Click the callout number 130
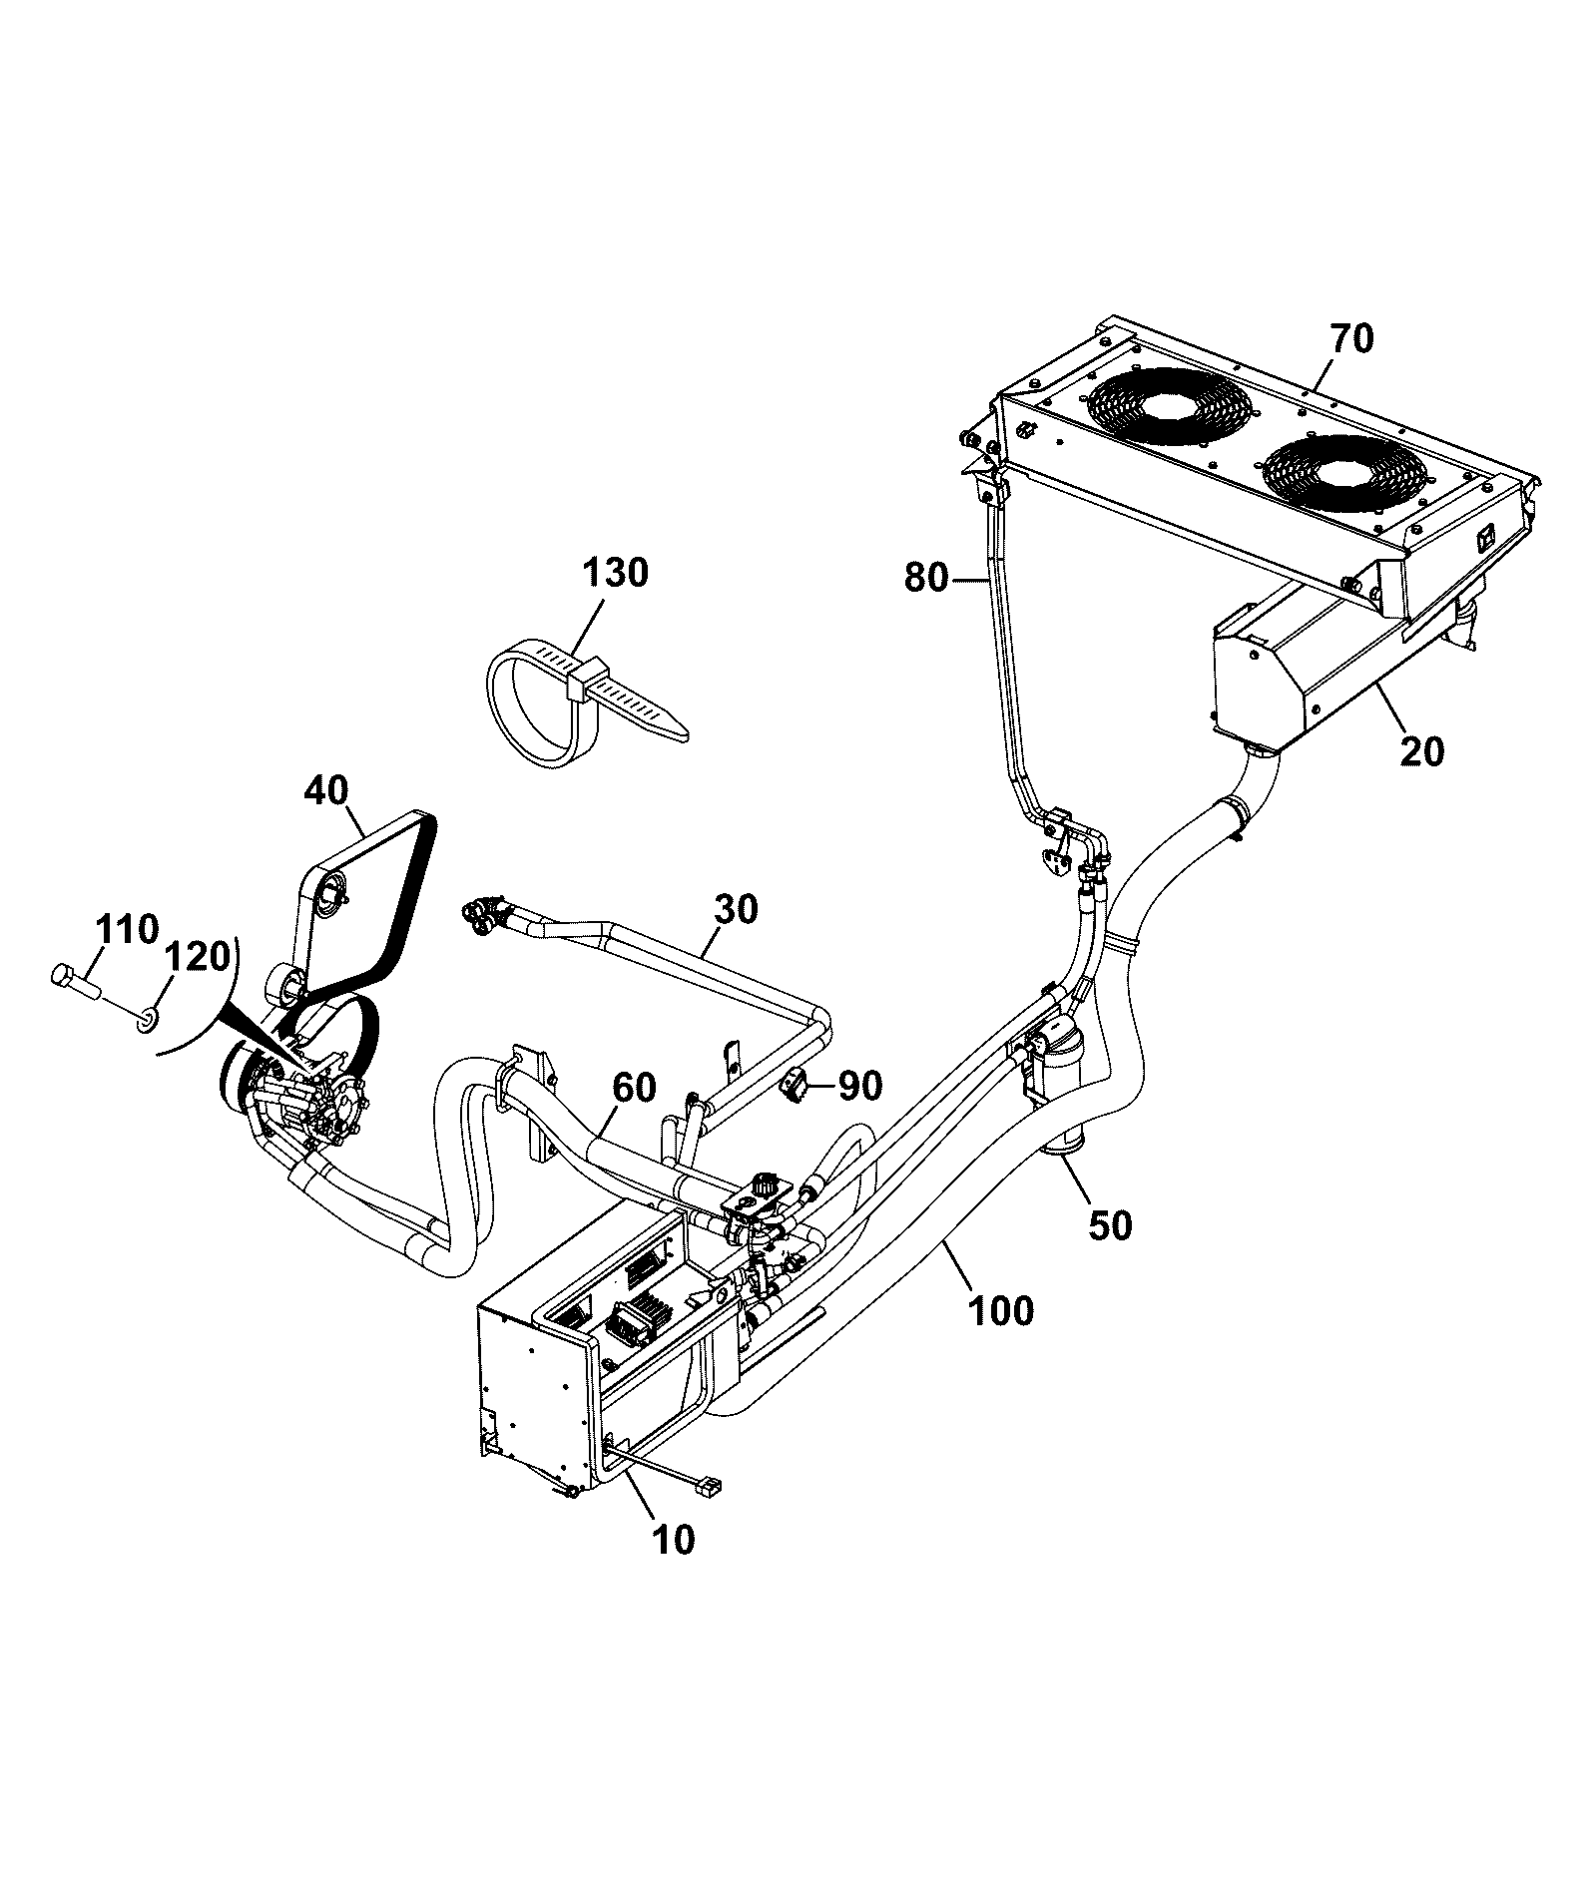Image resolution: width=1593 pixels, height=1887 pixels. (615, 574)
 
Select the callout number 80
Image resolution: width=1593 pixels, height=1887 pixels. (926, 579)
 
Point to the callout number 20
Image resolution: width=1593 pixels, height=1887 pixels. (1421, 751)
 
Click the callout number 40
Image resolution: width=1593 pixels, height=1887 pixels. (325, 791)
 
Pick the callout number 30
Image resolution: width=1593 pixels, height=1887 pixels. (736, 909)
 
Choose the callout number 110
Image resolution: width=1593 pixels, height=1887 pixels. (128, 930)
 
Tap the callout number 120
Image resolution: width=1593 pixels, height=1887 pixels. (197, 958)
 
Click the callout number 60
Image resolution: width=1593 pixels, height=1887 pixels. (634, 1088)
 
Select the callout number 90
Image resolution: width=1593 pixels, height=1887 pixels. (859, 1086)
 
